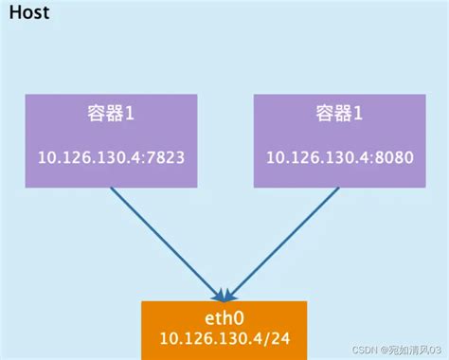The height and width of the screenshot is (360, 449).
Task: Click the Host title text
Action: [x=28, y=14]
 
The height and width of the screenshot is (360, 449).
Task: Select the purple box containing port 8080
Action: [x=336, y=139]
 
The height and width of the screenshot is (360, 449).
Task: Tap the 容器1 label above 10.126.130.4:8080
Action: [x=336, y=116]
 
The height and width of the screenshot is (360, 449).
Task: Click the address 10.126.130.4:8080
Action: [x=336, y=159]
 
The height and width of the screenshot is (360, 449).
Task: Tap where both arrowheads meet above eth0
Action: [x=224, y=294]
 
